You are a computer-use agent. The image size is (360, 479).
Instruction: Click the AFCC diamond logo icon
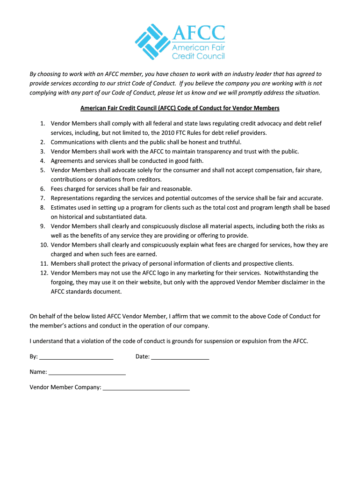point(152,42)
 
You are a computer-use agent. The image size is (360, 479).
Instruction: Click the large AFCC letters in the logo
point(199,33)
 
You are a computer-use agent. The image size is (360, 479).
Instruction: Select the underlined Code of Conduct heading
point(180,108)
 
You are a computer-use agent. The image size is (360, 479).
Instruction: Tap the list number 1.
point(42,123)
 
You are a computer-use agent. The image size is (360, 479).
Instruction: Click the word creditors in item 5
point(149,180)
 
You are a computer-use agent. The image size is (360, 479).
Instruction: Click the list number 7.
point(42,198)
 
